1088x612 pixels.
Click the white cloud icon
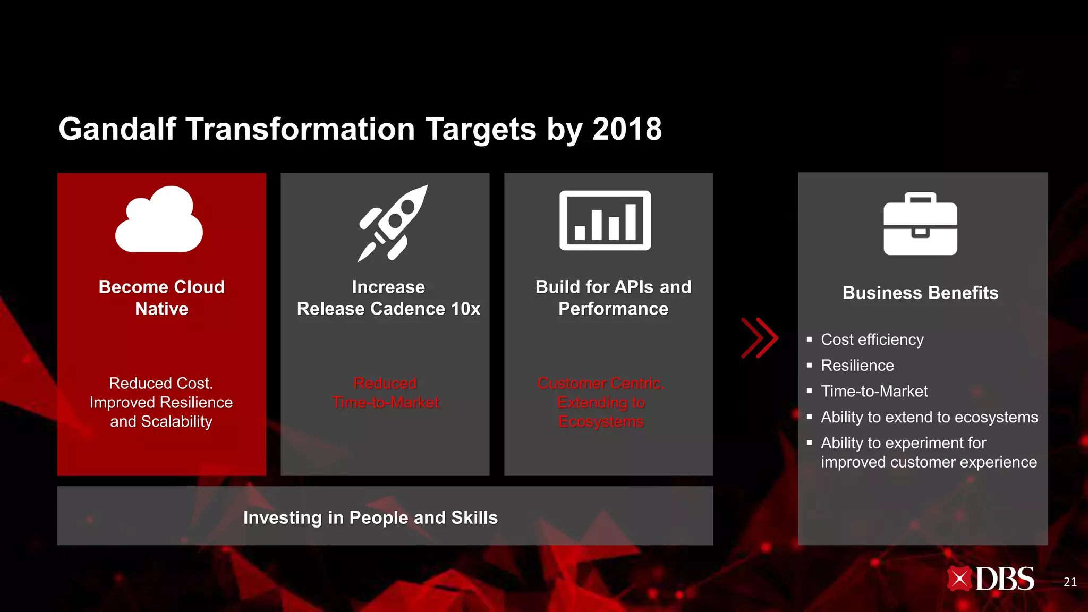point(159,220)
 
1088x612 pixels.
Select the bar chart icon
point(605,220)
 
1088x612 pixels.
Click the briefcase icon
point(920,224)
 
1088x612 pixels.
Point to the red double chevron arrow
point(760,338)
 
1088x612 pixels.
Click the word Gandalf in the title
point(117,129)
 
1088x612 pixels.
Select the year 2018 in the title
point(627,129)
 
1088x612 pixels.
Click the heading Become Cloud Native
point(161,297)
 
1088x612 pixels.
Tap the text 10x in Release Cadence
point(465,309)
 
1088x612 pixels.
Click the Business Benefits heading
point(920,293)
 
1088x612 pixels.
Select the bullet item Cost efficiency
point(872,339)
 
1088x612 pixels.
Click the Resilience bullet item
point(857,365)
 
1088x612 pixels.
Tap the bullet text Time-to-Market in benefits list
point(874,391)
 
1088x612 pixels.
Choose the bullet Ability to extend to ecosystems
point(929,417)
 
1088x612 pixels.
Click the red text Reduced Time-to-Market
point(385,393)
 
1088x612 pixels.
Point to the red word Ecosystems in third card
point(601,421)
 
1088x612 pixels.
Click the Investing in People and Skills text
point(370,517)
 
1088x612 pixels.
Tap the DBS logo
point(990,579)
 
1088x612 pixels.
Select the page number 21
point(1070,582)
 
